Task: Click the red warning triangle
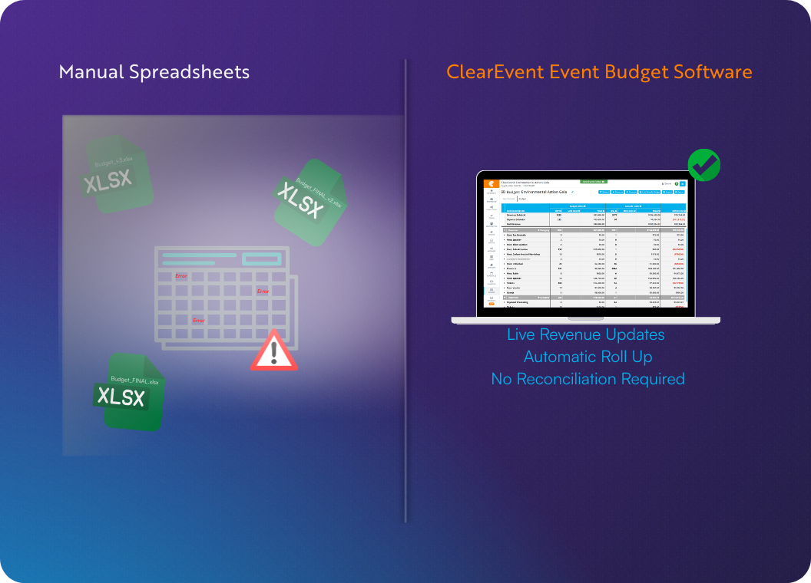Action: [273, 351]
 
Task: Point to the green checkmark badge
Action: [703, 165]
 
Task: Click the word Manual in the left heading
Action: [91, 72]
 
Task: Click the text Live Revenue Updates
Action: [585, 335]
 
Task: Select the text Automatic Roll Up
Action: [588, 357]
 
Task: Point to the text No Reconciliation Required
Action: [588, 379]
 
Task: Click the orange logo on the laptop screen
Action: [489, 184]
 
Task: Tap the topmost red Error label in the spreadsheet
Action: [181, 276]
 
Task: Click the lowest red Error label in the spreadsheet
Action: [199, 321]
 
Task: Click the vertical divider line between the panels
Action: [405, 291]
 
